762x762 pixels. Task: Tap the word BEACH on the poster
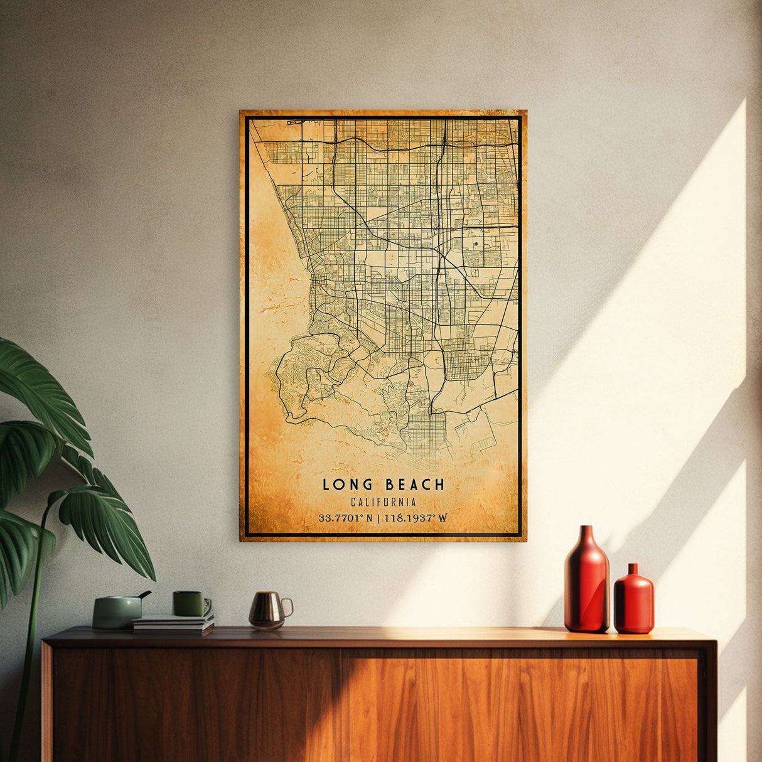(415, 485)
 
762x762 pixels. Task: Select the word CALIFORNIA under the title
(383, 502)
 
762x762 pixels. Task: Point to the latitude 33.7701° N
(345, 518)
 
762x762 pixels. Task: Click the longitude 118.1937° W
(416, 518)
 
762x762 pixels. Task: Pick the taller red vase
(586, 581)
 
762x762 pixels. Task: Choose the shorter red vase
(633, 599)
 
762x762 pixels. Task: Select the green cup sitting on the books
(190, 604)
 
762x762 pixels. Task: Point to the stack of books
(173, 623)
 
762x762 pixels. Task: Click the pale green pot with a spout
(117, 611)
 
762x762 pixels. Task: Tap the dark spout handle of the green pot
(145, 594)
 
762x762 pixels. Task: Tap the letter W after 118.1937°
(443, 518)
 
